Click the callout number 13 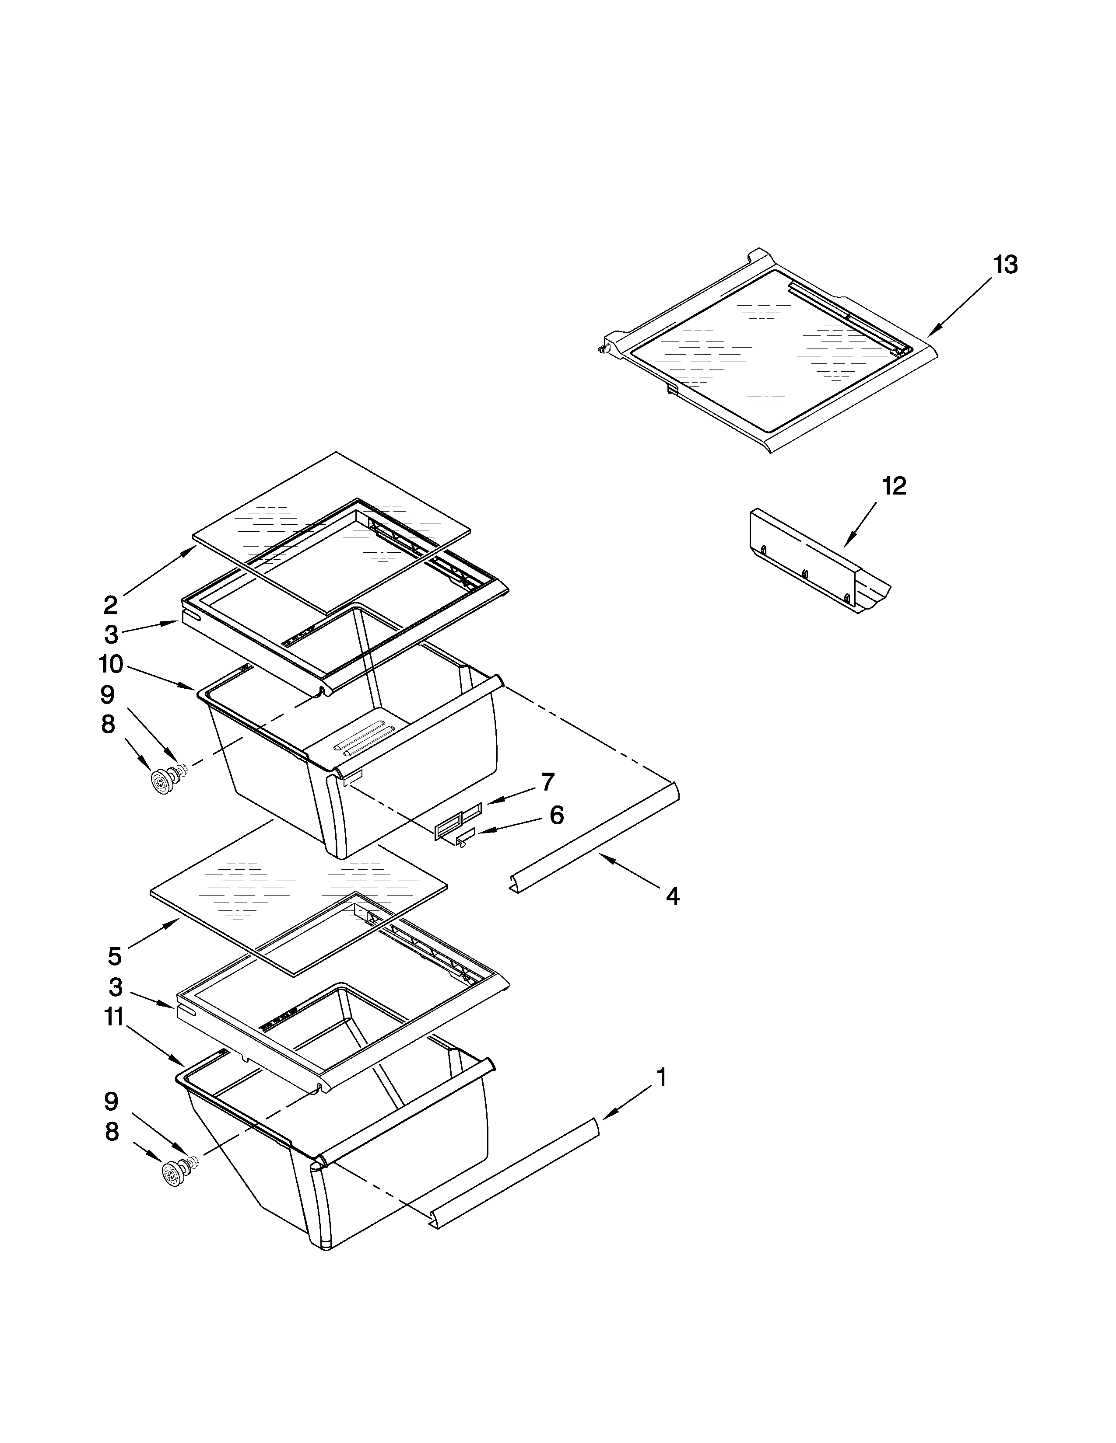click(x=1005, y=265)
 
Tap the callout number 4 click(x=672, y=896)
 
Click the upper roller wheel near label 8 click(x=161, y=784)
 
